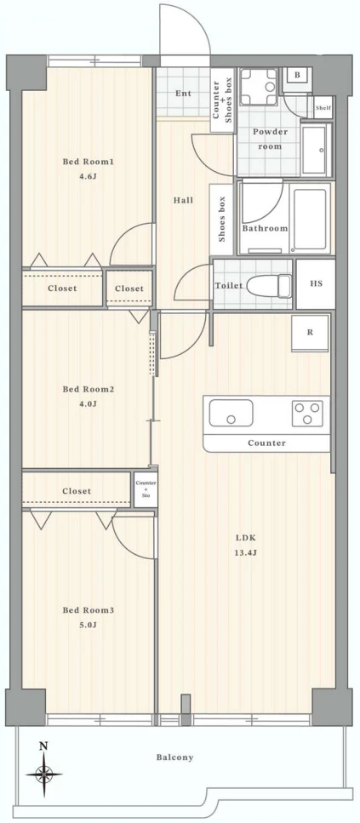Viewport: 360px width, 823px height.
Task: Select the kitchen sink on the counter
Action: click(231, 413)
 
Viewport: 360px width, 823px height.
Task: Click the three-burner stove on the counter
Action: click(307, 413)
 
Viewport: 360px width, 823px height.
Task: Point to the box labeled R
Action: click(310, 333)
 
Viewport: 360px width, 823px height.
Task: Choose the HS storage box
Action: click(316, 284)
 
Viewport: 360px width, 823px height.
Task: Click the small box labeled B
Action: click(297, 76)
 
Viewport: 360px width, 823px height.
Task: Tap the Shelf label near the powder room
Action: click(323, 108)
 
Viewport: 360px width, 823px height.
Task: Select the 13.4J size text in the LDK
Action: click(246, 552)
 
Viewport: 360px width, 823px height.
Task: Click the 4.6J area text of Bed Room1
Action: click(89, 176)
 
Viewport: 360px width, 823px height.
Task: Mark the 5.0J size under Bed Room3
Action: click(89, 625)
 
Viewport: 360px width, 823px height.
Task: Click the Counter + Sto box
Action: click(146, 489)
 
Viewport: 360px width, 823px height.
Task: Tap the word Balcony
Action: click(174, 757)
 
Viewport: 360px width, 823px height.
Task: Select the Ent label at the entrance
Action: click(183, 94)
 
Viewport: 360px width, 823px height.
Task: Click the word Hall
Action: click(183, 200)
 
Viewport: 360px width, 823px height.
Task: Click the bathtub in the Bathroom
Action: click(311, 220)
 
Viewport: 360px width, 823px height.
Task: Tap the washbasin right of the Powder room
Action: click(317, 151)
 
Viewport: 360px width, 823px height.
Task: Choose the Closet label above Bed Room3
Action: click(77, 491)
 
